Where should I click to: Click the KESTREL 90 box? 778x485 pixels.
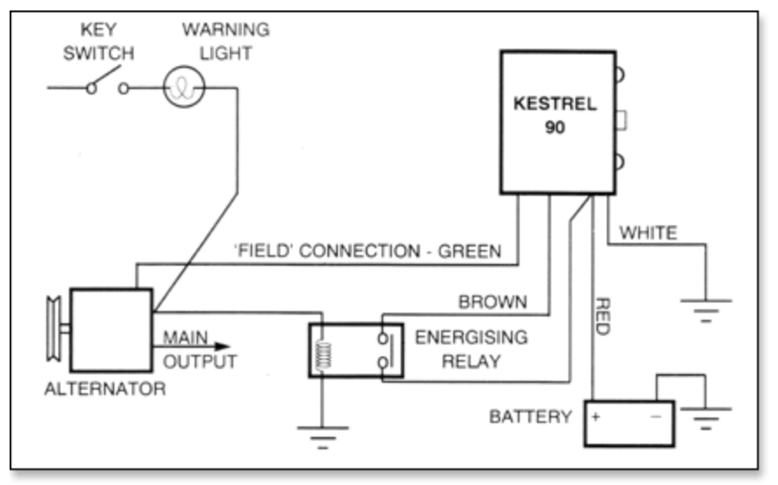tap(555, 121)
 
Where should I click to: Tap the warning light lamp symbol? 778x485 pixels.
tap(183, 87)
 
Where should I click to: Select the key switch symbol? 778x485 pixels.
tap(106, 84)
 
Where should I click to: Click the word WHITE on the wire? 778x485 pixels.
tap(647, 232)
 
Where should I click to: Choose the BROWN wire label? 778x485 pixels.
tap(492, 302)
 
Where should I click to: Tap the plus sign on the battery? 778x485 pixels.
tap(596, 417)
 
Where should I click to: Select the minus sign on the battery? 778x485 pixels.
tap(657, 417)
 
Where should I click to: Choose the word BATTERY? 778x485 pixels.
tap(530, 417)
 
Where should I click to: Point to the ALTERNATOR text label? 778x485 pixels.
tap(104, 389)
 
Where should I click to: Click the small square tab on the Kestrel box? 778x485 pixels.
tap(623, 119)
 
